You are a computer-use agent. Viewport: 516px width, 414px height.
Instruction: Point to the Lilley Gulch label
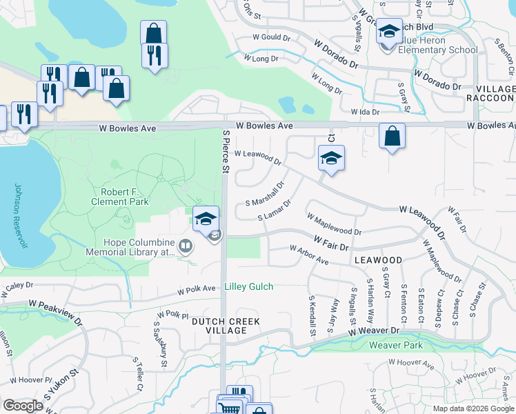(x=248, y=286)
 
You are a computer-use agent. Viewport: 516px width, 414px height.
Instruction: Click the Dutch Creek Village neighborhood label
(x=226, y=326)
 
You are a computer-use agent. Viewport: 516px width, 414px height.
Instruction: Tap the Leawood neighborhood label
(x=378, y=259)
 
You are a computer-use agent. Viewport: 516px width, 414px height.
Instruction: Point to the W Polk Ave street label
(x=199, y=290)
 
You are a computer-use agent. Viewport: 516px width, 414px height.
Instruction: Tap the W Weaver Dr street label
(x=374, y=332)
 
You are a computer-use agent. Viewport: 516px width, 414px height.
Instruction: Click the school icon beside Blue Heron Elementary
(x=388, y=32)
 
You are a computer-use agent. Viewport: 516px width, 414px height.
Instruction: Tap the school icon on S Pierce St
(x=206, y=219)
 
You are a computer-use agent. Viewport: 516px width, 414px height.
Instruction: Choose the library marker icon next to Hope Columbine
(x=185, y=246)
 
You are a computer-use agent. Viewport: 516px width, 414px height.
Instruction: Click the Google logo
(x=23, y=406)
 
